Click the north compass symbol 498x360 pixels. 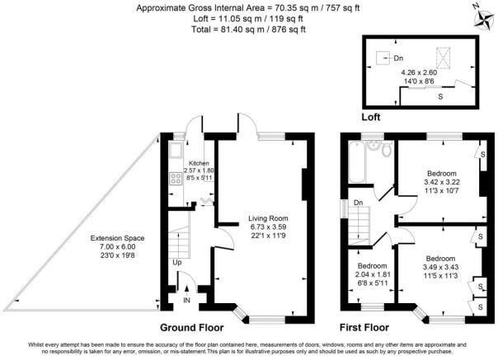point(482,14)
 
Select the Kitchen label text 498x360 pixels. point(199,163)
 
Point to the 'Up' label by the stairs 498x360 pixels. point(177,264)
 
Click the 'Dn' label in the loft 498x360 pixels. point(398,58)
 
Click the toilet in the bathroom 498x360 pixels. point(378,149)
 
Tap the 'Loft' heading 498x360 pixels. point(372,117)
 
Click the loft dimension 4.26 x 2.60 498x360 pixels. point(425,72)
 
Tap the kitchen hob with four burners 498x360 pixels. point(176,177)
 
